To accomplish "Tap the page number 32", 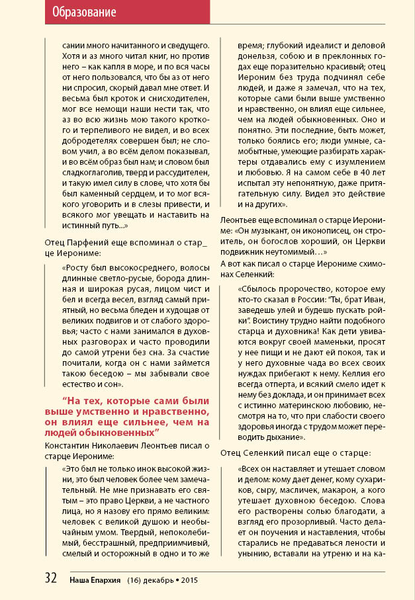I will coord(51,578).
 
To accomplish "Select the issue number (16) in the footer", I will coord(135,579).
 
